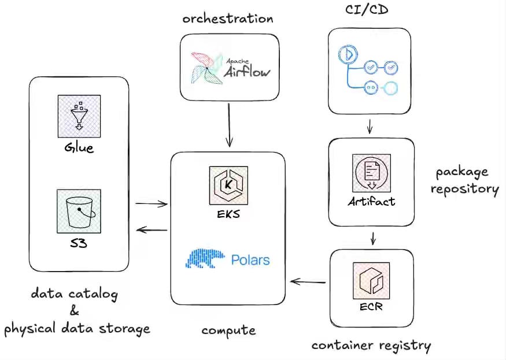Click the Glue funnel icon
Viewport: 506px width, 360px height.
79,116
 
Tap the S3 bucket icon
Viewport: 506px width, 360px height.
79,211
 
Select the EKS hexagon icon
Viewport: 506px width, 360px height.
228,185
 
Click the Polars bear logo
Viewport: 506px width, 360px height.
205,258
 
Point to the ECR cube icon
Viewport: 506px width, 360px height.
371,281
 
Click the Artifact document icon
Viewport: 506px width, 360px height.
371,173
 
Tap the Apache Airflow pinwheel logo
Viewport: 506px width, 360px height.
206,68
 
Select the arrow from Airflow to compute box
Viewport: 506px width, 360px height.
229,125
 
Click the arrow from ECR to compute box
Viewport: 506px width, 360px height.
308,282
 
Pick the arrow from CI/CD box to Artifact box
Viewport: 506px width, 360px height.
370,126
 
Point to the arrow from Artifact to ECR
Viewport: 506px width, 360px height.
373,239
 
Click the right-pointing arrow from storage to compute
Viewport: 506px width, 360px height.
152,203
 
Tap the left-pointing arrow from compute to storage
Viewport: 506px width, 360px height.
152,230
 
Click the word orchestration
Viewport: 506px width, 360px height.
228,18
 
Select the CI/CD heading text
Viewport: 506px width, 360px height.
367,9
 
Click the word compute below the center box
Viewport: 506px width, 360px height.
228,331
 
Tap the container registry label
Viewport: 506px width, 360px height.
371,346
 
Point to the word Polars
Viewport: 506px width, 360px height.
250,260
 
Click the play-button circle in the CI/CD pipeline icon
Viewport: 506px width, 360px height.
348,54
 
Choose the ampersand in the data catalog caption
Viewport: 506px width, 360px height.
74,310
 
